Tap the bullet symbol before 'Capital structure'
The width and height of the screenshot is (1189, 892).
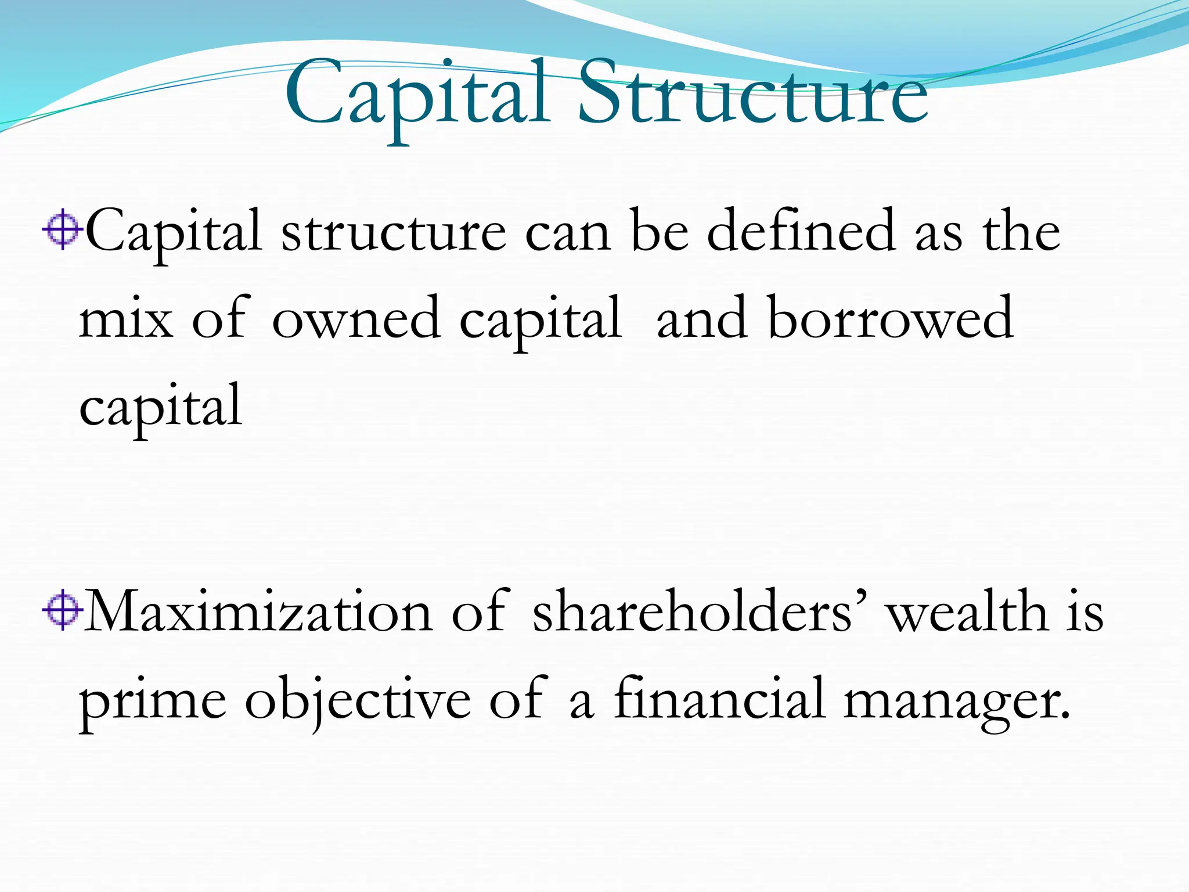tap(62, 231)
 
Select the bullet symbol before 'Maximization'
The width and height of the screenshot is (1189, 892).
tap(62, 611)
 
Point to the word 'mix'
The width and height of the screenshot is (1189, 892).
tap(125, 319)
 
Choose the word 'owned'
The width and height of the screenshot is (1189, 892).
tap(356, 319)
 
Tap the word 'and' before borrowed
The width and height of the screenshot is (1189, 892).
tap(701, 319)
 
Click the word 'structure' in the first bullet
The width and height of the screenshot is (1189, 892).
tap(394, 232)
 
